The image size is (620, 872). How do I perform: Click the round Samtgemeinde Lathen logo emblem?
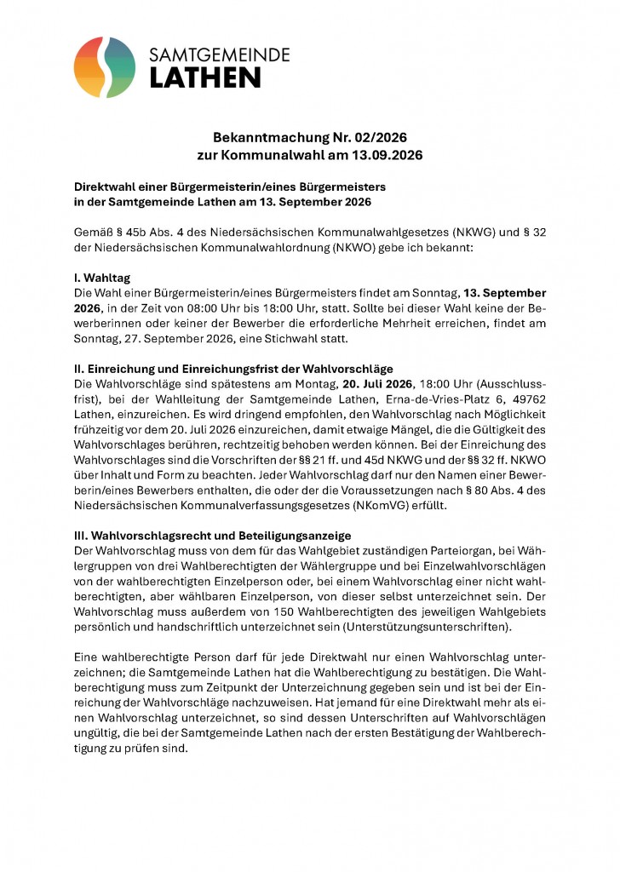[105, 67]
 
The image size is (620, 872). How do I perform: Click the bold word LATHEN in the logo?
[205, 77]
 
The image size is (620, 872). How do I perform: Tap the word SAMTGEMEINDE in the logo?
[219, 54]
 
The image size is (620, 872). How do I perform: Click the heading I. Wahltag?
[104, 278]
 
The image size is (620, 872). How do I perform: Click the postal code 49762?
[527, 399]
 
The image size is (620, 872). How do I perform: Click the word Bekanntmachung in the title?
[261, 137]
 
